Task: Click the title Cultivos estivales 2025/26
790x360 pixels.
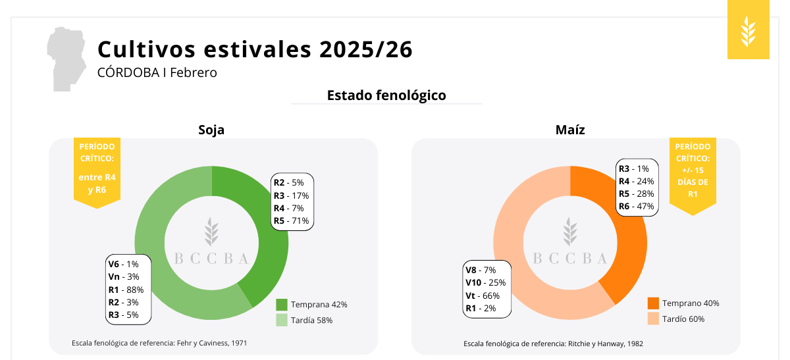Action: (x=255, y=49)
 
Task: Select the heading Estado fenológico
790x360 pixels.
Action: (x=386, y=95)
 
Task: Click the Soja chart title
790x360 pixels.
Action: (x=211, y=130)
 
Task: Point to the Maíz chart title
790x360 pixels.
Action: (x=570, y=130)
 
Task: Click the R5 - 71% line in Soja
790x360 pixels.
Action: (x=292, y=220)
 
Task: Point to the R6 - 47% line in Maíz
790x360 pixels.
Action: (x=636, y=207)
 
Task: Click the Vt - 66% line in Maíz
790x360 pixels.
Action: (x=483, y=296)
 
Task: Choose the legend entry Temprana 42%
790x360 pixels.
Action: (x=311, y=305)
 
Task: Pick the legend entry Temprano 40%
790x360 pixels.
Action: (x=683, y=303)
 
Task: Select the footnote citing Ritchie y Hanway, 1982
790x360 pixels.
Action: (x=553, y=344)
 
